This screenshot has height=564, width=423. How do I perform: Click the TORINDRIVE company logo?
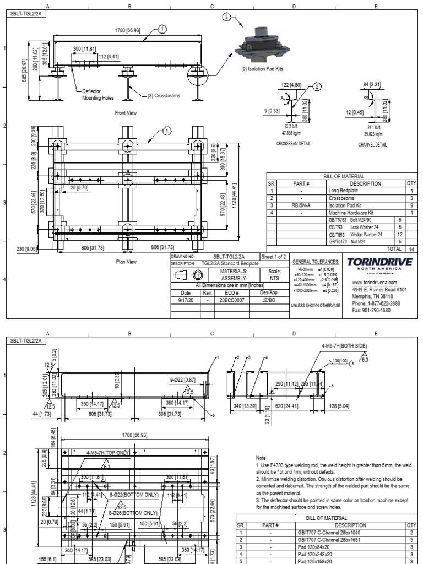(x=381, y=262)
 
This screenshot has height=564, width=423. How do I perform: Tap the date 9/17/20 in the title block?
(x=186, y=301)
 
